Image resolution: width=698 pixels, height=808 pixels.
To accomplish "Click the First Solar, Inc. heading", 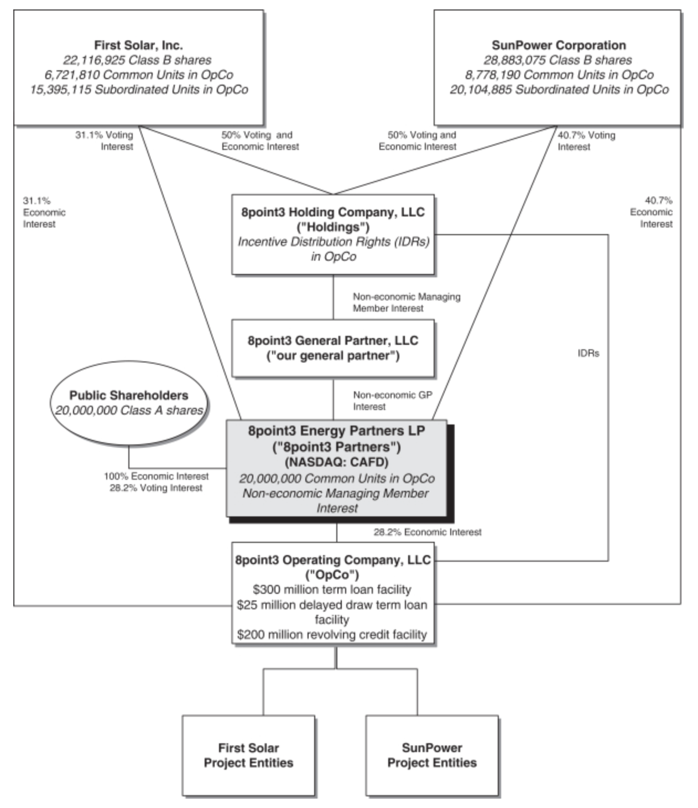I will [138, 45].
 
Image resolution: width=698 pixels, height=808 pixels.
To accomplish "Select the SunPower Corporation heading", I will [559, 45].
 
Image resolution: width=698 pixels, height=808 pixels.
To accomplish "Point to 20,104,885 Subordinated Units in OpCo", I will [559, 90].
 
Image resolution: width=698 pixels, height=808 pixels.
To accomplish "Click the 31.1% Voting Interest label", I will [105, 141].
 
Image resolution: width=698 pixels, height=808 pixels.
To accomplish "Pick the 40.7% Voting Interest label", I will [586, 141].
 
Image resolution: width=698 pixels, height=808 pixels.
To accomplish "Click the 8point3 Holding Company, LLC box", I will [333, 235].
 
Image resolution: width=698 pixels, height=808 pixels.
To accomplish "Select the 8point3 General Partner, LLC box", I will [333, 348].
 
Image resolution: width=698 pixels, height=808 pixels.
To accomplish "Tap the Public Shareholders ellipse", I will [128, 402].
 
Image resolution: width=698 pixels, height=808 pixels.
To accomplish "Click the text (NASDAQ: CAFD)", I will [336, 462].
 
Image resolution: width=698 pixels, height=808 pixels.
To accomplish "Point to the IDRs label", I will [588, 353].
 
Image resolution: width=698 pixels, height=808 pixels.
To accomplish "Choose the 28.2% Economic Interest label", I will [428, 532].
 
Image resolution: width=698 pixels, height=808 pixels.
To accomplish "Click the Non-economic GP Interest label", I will [393, 401].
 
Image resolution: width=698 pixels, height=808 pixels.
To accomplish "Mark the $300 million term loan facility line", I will [332, 589].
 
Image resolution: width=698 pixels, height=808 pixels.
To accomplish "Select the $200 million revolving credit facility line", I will [332, 634].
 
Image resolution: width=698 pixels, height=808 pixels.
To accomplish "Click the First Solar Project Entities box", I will [248, 755].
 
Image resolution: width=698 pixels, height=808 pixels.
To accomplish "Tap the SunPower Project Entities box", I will [432, 755].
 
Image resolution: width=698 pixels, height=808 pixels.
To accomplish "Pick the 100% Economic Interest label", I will [157, 476].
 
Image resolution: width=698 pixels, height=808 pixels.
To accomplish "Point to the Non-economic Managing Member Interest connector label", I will [407, 302].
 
